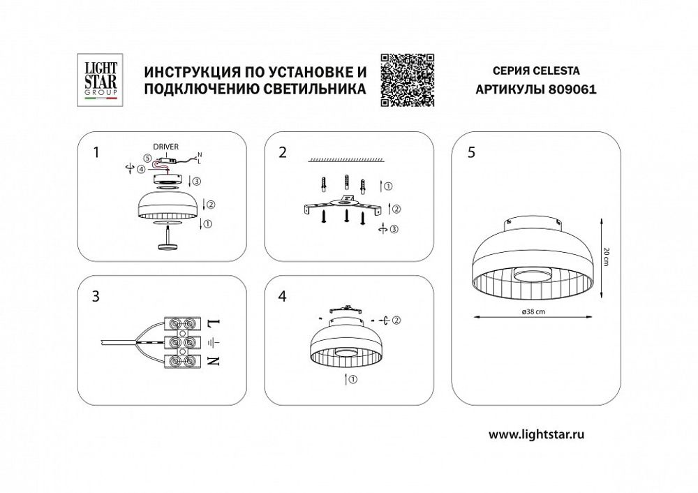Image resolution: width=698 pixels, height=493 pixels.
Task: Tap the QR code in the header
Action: [x=408, y=79]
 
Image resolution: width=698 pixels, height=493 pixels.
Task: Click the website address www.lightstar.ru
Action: [x=536, y=434]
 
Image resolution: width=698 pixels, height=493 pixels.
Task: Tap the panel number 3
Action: [x=96, y=296]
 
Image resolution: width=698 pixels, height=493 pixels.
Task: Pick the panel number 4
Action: [x=282, y=296]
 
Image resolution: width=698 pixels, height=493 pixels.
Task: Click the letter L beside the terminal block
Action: [x=214, y=323]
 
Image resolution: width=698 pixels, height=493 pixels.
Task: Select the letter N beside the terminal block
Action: [x=214, y=361]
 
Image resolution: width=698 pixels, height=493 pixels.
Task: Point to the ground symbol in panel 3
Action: [x=214, y=343]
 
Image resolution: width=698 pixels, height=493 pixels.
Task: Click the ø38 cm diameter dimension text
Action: [x=533, y=311]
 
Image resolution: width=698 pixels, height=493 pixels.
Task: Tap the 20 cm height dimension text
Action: [x=607, y=256]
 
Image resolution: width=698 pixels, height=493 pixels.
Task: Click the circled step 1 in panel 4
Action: [x=352, y=380]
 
